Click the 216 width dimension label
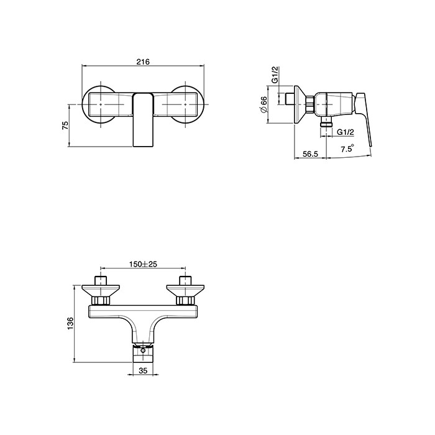tap(143, 62)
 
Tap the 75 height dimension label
tap(65, 126)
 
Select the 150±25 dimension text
tap(143, 264)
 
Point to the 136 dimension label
tap(70, 324)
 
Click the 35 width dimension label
tap(143, 370)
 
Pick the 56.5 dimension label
tap(310, 153)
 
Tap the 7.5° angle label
tap(347, 149)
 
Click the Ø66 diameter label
tap(263, 104)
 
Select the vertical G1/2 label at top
tap(275, 75)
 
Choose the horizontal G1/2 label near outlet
tap(346, 132)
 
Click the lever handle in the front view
tap(143, 120)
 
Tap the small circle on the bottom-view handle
tap(143, 350)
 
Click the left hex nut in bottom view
tap(101, 300)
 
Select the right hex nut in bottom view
tap(185, 300)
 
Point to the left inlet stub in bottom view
tap(101, 280)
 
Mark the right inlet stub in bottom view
tap(185, 280)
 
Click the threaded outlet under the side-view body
tap(326, 122)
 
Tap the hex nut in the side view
tap(310, 104)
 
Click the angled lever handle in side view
tap(364, 119)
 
